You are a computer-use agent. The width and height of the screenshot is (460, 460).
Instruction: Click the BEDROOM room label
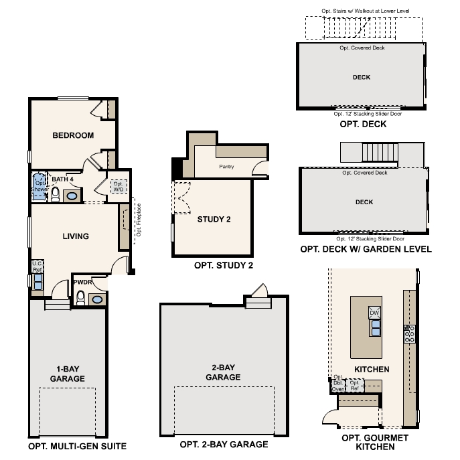73,135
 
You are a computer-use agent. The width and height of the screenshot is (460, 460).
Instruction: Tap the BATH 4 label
62,179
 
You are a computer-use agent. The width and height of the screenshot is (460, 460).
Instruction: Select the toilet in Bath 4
56,194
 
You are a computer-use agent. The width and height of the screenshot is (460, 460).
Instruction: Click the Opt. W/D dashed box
118,187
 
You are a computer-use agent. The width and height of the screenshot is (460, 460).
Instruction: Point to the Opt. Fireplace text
139,222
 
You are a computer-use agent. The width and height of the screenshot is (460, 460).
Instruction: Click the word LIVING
76,236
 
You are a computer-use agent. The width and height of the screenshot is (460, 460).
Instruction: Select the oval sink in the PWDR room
97,299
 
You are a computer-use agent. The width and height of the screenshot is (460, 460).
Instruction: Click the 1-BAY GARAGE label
67,374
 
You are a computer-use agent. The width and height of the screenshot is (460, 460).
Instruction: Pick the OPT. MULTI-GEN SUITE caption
77,446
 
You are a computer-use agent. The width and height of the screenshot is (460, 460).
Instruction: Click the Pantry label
226,167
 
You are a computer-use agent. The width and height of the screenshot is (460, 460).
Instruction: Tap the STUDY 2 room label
214,219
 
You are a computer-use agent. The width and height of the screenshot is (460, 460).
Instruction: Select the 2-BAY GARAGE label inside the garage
223,372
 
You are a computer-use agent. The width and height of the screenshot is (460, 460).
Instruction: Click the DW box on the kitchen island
375,312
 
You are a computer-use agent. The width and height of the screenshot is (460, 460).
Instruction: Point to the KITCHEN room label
372,369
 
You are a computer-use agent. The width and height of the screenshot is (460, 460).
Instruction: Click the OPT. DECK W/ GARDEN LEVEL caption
366,249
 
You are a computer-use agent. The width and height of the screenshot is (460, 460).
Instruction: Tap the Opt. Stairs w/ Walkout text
364,11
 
